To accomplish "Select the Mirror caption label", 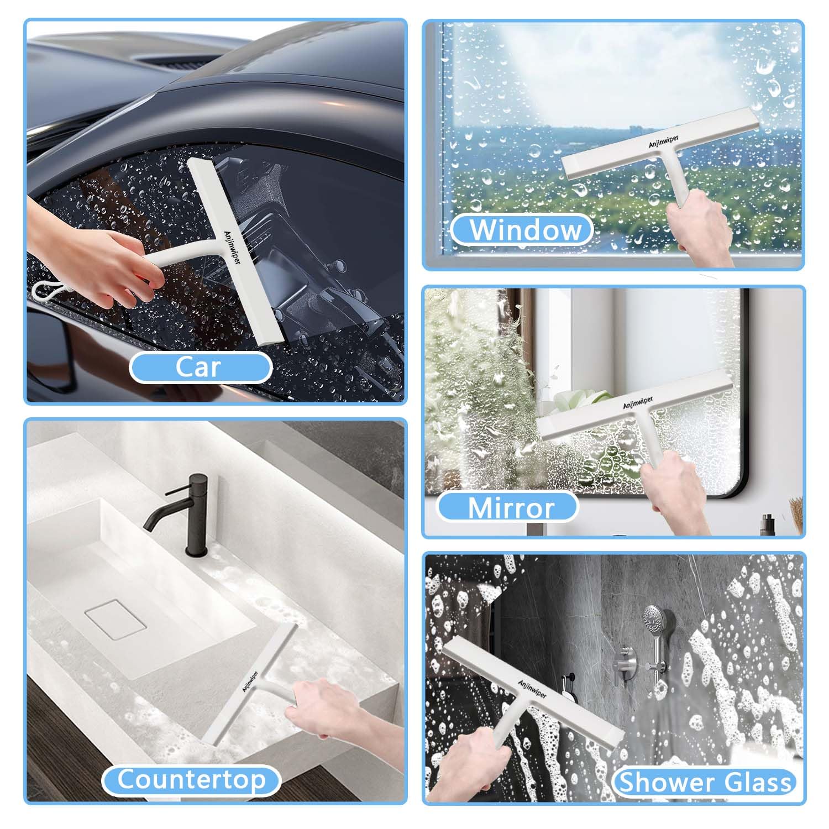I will pos(509,507).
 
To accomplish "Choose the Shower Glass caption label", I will pos(705,782).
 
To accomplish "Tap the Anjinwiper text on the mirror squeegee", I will pos(638,402).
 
